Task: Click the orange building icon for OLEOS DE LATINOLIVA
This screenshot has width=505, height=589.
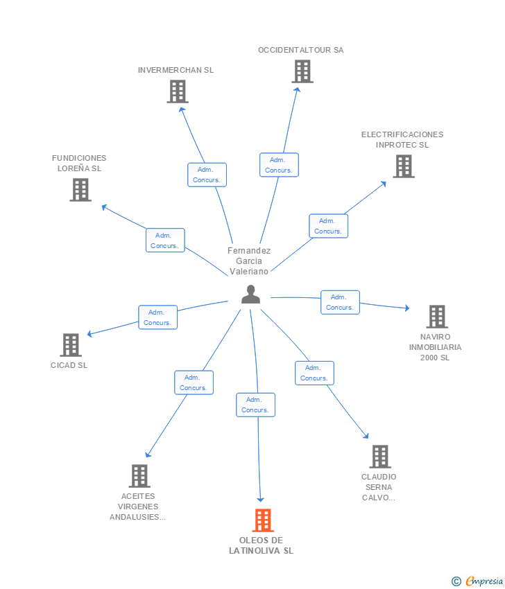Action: [263, 520]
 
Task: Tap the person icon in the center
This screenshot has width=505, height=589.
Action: [251, 294]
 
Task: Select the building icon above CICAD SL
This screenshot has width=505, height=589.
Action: [71, 345]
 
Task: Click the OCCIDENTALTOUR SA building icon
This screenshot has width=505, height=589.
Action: [302, 71]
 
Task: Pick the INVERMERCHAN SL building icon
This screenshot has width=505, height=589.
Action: [178, 91]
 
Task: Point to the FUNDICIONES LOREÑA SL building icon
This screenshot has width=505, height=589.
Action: [80, 190]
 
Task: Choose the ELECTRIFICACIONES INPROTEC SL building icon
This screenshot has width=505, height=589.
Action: [404, 166]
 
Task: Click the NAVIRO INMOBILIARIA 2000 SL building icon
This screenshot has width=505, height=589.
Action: [437, 317]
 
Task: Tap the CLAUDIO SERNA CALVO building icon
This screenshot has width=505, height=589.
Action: [380, 457]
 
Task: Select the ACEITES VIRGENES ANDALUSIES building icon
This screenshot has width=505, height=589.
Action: [139, 476]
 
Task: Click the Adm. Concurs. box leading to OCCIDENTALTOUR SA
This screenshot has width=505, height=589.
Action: [279, 165]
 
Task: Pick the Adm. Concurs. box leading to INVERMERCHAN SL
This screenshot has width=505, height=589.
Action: [207, 175]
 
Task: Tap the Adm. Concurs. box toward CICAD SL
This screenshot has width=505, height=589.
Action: [158, 317]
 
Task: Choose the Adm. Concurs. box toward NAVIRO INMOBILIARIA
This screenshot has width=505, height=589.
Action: [341, 302]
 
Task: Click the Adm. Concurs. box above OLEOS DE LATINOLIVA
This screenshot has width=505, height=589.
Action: [256, 405]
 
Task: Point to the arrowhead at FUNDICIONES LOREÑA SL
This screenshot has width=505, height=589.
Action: [105, 207]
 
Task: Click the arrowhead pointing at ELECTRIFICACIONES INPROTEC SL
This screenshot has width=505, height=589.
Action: [383, 184]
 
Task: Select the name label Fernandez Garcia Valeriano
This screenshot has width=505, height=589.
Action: [249, 261]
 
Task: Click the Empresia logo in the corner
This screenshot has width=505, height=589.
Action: [477, 581]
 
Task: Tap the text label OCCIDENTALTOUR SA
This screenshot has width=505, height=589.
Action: [301, 50]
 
